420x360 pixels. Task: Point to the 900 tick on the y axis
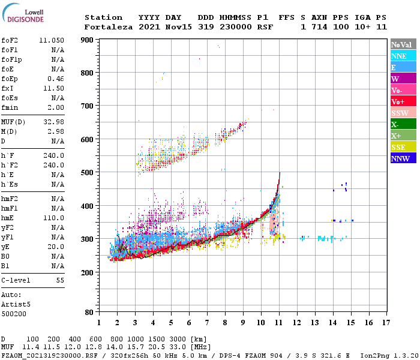point(88,40)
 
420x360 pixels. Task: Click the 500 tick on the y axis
point(88,173)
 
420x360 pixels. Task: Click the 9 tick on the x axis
point(243,322)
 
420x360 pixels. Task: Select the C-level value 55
point(60,280)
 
